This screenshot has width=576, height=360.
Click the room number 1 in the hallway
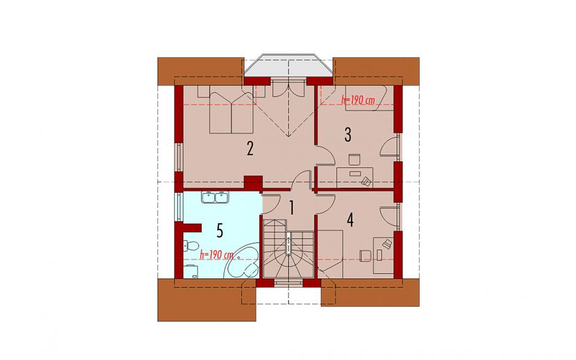coord(292,208)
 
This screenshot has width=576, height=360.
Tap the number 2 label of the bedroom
coord(250,148)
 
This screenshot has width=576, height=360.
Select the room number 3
coord(347,134)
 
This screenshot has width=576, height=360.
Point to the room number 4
coord(350,220)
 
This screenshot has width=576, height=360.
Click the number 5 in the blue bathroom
coord(219,231)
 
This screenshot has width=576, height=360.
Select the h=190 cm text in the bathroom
coord(216,255)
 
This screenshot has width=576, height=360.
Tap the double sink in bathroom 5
coord(215,197)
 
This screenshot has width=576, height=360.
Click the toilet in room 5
coord(191,245)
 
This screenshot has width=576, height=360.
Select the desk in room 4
coord(384,256)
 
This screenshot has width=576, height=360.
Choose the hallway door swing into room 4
coord(325,205)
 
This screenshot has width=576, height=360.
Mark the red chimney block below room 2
coord(253,182)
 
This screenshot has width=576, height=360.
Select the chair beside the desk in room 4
coord(365,256)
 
